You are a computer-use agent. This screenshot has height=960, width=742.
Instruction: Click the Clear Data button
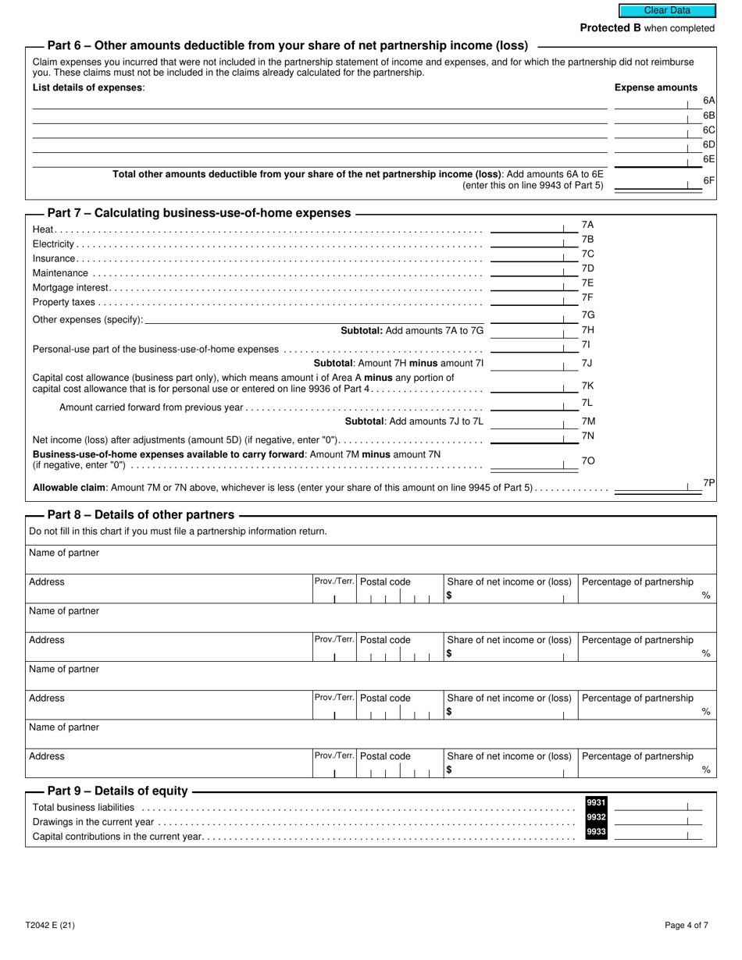[667, 11]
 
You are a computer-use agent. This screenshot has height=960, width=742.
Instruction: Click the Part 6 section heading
[287, 46]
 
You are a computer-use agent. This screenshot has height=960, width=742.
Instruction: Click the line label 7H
[588, 330]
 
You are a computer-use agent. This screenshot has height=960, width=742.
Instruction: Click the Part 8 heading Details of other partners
[141, 515]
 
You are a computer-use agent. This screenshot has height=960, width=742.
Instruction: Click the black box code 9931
[596, 803]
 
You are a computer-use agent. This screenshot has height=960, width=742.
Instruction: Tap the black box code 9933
[596, 833]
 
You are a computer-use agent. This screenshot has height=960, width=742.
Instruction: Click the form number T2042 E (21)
[50, 926]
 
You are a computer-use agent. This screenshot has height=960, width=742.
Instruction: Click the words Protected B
[605, 28]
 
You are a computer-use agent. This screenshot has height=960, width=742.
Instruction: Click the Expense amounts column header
[656, 87]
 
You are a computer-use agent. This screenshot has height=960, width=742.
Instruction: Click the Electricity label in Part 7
[53, 244]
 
